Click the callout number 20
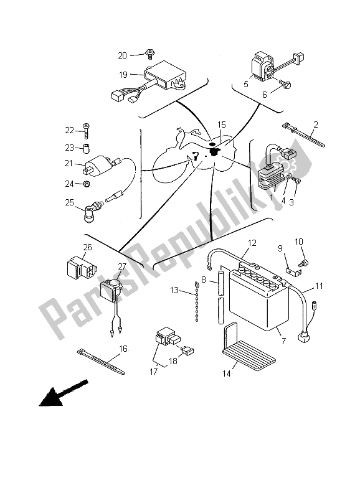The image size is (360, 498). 122,55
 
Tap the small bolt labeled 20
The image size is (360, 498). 149,54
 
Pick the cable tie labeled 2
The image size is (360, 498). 303,136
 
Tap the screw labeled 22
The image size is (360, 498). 86,130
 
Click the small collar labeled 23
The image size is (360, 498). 86,148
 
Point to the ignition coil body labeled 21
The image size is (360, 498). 98,165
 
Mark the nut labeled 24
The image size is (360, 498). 86,184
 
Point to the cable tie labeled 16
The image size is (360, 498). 101,362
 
